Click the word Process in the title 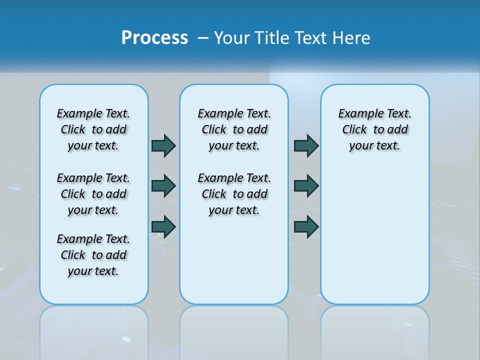pyautogui.click(x=154, y=38)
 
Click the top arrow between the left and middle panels pyautogui.click(x=163, y=145)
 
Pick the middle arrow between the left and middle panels pyautogui.click(x=163, y=186)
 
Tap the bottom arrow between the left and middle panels pyautogui.click(x=163, y=227)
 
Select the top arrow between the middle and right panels pyautogui.click(x=306, y=145)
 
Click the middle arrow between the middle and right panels pyautogui.click(x=306, y=186)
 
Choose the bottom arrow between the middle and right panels pyautogui.click(x=306, y=227)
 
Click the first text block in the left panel pyautogui.click(x=93, y=129)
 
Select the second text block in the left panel pyautogui.click(x=93, y=194)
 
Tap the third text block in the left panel pyautogui.click(x=93, y=255)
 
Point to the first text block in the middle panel pyautogui.click(x=234, y=129)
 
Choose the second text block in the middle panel pyautogui.click(x=234, y=194)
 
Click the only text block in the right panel pyautogui.click(x=374, y=129)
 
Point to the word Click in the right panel pyautogui.click(x=354, y=130)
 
